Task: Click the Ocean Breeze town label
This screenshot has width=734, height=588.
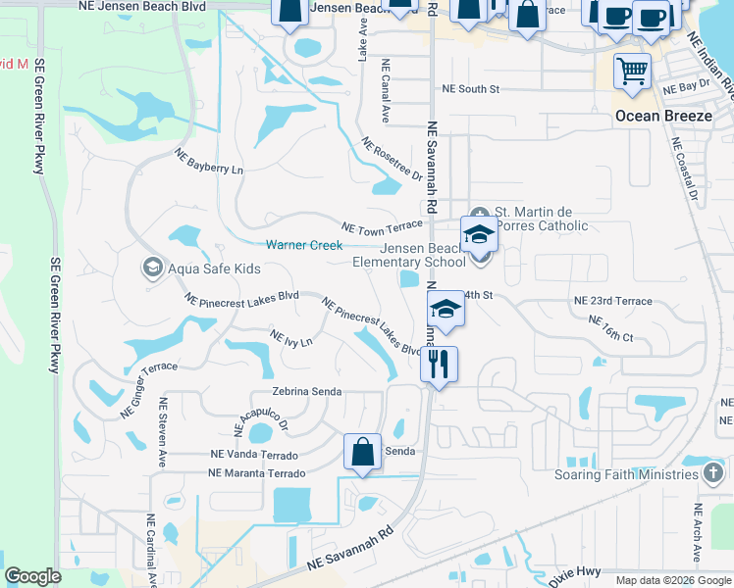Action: tap(662, 116)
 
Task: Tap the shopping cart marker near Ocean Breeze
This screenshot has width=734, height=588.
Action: tap(632, 72)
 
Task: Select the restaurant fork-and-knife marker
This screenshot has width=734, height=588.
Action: tap(439, 366)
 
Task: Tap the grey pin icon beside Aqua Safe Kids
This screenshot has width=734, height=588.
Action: tap(152, 268)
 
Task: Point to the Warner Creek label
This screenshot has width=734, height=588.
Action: tap(303, 244)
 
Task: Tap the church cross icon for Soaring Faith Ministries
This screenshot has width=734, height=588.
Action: tap(714, 475)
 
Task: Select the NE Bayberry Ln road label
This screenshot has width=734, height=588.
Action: tap(208, 162)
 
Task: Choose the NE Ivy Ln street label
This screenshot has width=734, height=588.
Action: tap(290, 340)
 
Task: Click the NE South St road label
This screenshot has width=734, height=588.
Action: tap(471, 89)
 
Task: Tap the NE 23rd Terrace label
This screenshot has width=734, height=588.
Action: tap(612, 301)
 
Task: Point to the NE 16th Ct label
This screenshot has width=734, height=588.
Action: tap(610, 328)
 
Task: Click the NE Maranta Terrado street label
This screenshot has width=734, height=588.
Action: tap(256, 473)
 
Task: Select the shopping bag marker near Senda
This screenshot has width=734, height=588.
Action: tap(362, 453)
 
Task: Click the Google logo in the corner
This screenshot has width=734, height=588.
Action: tap(32, 576)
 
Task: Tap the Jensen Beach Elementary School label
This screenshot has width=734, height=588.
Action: tap(409, 255)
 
